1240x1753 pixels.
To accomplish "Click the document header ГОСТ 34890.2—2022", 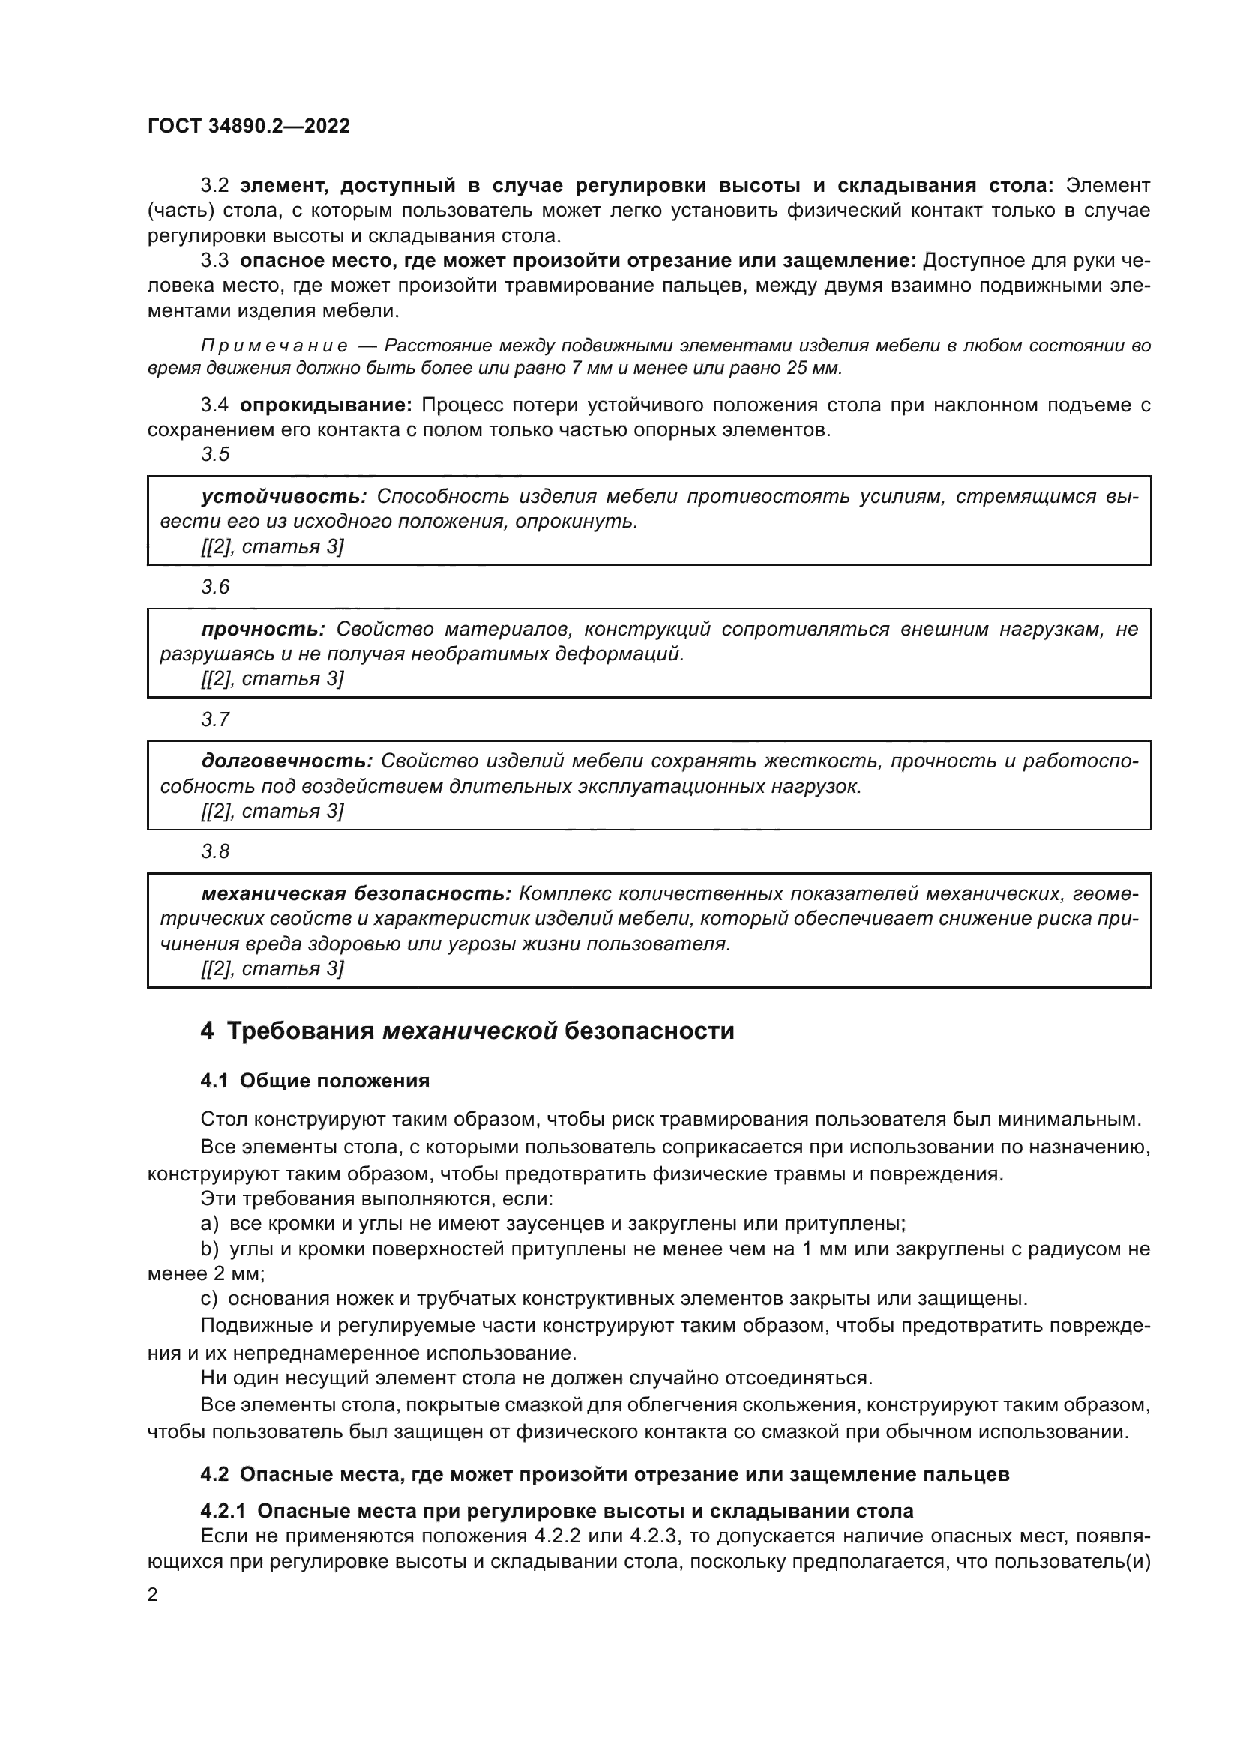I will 248,127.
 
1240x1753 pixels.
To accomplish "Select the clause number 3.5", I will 215,454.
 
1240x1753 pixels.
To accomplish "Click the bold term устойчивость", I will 284,497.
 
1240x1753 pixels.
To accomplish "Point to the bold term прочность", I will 263,629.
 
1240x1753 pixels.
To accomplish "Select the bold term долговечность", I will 286,761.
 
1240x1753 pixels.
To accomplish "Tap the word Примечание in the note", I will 274,346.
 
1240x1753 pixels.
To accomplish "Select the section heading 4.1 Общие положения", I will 315,1081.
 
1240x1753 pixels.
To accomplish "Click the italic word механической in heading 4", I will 469,1031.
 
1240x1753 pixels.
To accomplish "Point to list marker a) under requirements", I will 209,1224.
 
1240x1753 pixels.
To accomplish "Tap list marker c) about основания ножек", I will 209,1299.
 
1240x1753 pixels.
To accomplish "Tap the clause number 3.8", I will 215,851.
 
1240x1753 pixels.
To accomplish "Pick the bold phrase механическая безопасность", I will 356,893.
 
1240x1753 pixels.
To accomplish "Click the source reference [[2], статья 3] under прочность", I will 272,679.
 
